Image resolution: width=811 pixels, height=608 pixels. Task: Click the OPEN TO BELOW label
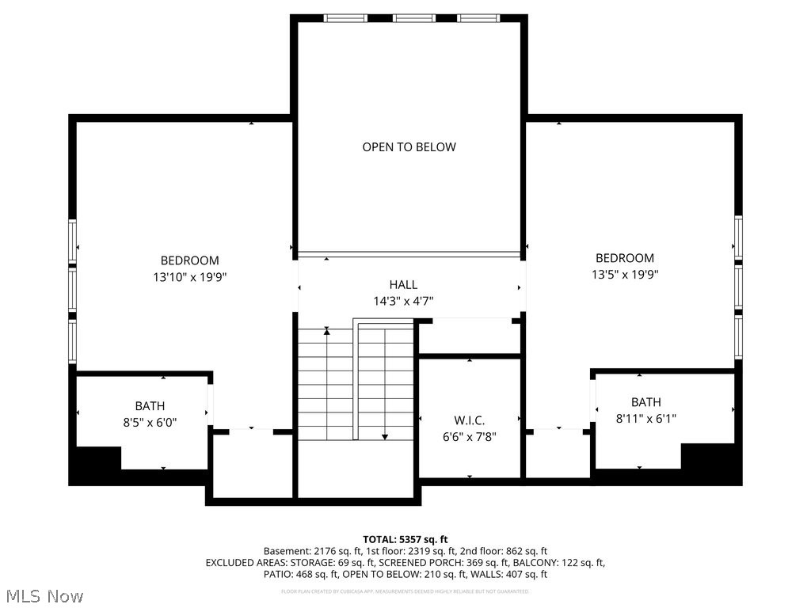coord(409,146)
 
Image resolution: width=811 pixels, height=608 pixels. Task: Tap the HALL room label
coord(403,285)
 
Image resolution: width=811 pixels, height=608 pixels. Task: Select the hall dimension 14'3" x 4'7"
coord(403,301)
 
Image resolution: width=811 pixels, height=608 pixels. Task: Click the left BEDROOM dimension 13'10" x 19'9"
coord(189,277)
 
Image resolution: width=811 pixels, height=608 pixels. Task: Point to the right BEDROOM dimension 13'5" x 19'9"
coord(625,275)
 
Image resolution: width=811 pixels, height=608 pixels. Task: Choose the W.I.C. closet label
coord(469,420)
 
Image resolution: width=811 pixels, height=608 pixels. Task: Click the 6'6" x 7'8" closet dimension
coord(469,436)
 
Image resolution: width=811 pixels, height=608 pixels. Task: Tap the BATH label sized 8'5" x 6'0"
coord(150,406)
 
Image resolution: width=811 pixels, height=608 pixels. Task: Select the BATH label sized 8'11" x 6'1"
coord(645,402)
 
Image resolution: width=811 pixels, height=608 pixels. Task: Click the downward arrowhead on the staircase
coord(385,436)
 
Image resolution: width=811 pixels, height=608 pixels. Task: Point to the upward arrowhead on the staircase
coord(326,331)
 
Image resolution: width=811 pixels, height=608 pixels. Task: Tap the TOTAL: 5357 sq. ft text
coord(405,538)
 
